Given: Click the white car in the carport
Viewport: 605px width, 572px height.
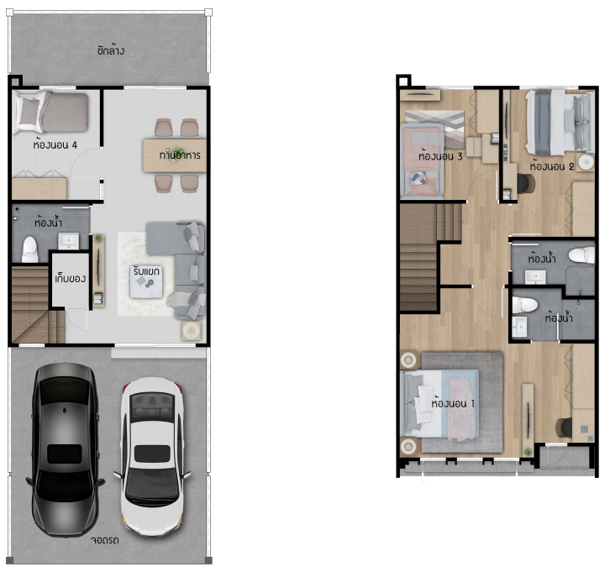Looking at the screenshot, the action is pyautogui.click(x=152, y=456).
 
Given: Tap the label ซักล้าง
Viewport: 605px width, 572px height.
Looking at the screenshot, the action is pyautogui.click(x=111, y=50).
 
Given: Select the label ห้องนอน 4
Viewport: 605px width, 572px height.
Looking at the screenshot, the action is pyautogui.click(x=55, y=145).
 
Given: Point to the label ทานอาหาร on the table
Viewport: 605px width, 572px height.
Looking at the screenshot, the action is pyautogui.click(x=180, y=155).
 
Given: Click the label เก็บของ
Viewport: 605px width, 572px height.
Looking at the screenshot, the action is pyautogui.click(x=71, y=278).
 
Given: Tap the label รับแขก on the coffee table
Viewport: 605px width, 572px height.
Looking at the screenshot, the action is pyautogui.click(x=146, y=271).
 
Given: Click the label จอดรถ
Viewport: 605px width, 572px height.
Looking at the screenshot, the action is pyautogui.click(x=105, y=540).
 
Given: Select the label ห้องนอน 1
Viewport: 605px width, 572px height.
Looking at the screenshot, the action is pyautogui.click(x=453, y=403).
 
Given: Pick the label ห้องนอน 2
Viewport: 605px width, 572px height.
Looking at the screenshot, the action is pyautogui.click(x=552, y=166).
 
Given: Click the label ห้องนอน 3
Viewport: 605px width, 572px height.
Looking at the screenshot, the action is pyautogui.click(x=440, y=156).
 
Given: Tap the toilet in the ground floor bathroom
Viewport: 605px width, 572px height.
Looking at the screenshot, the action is pyautogui.click(x=29, y=249).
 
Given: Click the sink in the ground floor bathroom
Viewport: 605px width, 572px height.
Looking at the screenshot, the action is pyautogui.click(x=69, y=241).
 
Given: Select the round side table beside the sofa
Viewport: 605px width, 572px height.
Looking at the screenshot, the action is pyautogui.click(x=192, y=331).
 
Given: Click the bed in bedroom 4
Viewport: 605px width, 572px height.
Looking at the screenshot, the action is pyautogui.click(x=51, y=113).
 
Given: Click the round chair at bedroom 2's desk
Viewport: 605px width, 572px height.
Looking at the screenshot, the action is pyautogui.click(x=525, y=184).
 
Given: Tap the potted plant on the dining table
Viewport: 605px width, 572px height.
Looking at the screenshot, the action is pyautogui.click(x=178, y=152).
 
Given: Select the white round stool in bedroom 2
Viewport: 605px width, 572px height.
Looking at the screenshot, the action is pyautogui.click(x=586, y=161).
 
